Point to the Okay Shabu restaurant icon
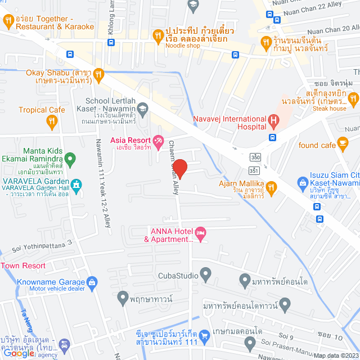(x=98, y=73)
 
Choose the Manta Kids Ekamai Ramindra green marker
(x=70, y=160)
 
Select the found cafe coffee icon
(x=343, y=145)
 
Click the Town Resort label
(x=22, y=265)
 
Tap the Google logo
(x=19, y=353)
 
